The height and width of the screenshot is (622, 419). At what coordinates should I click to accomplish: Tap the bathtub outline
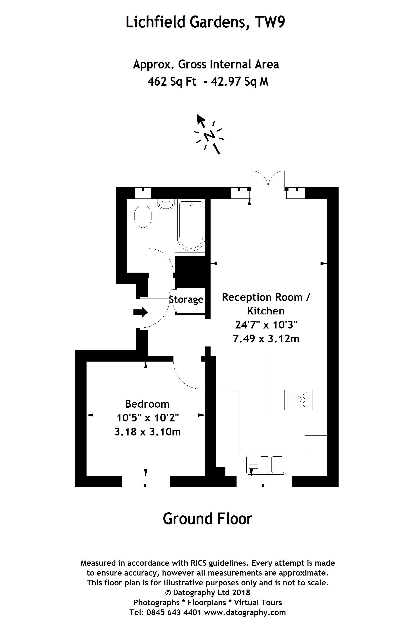click(191, 225)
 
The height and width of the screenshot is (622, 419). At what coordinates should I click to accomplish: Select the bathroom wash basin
click(166, 205)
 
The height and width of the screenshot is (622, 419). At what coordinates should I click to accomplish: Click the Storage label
click(186, 299)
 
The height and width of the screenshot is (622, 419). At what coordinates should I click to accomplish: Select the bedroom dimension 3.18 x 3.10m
click(147, 432)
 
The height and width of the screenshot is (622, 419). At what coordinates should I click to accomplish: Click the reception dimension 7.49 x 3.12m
click(266, 339)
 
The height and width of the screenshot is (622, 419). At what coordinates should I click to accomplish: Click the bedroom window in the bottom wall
click(146, 481)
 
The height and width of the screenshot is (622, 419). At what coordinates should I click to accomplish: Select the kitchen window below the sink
click(264, 481)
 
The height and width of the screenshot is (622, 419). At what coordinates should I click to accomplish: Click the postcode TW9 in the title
click(270, 22)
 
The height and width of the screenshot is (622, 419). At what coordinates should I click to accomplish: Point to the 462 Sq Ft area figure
click(172, 81)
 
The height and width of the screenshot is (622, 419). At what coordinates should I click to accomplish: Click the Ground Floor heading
click(207, 519)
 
